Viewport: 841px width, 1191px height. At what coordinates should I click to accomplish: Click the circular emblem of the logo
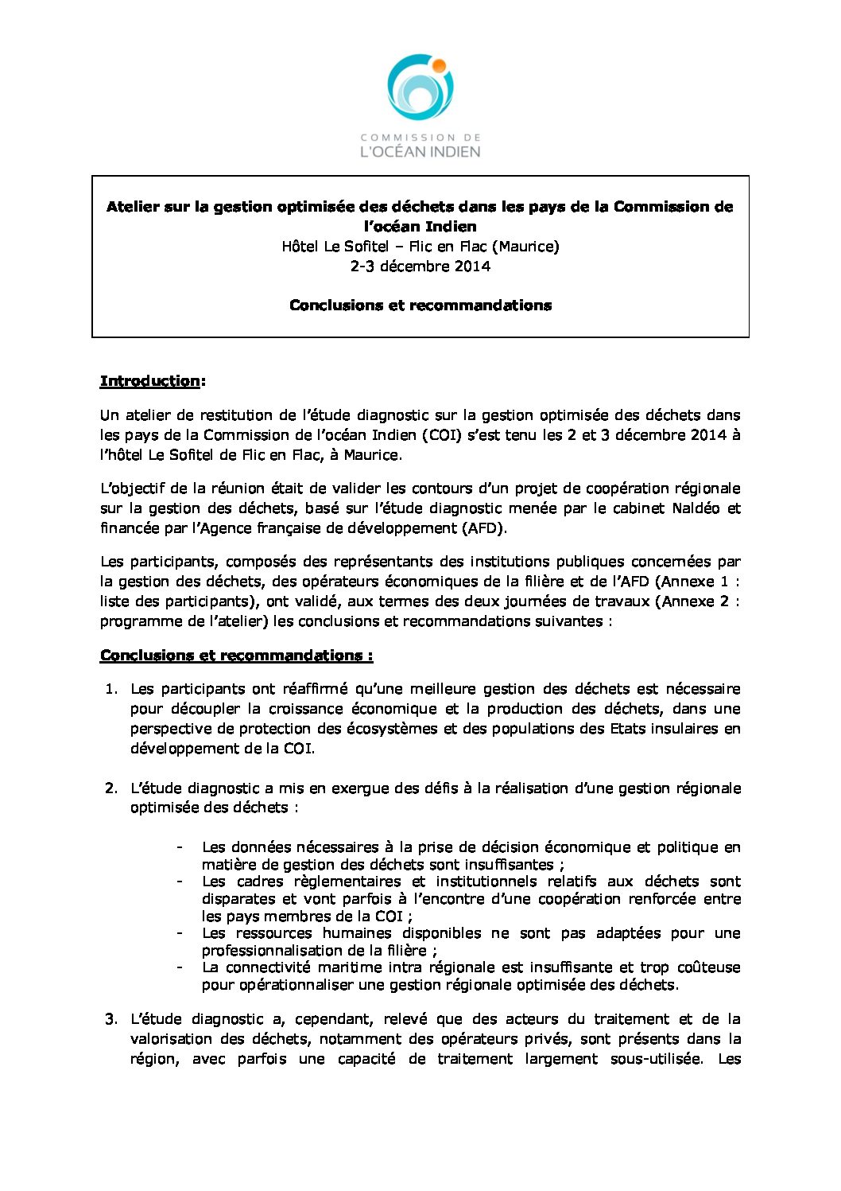pyautogui.click(x=420, y=88)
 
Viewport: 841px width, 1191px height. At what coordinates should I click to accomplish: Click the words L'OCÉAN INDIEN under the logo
pyautogui.click(x=420, y=150)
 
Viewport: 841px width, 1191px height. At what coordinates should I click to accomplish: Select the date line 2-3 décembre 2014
pyautogui.click(x=420, y=267)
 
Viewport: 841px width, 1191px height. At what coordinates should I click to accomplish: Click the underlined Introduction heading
pyautogui.click(x=149, y=381)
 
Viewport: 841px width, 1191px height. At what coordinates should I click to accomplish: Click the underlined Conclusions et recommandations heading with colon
pyautogui.click(x=236, y=656)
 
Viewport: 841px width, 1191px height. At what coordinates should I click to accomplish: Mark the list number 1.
pyautogui.click(x=111, y=689)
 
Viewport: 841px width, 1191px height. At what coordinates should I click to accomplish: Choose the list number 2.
pyautogui.click(x=111, y=788)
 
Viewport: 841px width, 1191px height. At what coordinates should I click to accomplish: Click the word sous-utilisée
pyautogui.click(x=657, y=1059)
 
